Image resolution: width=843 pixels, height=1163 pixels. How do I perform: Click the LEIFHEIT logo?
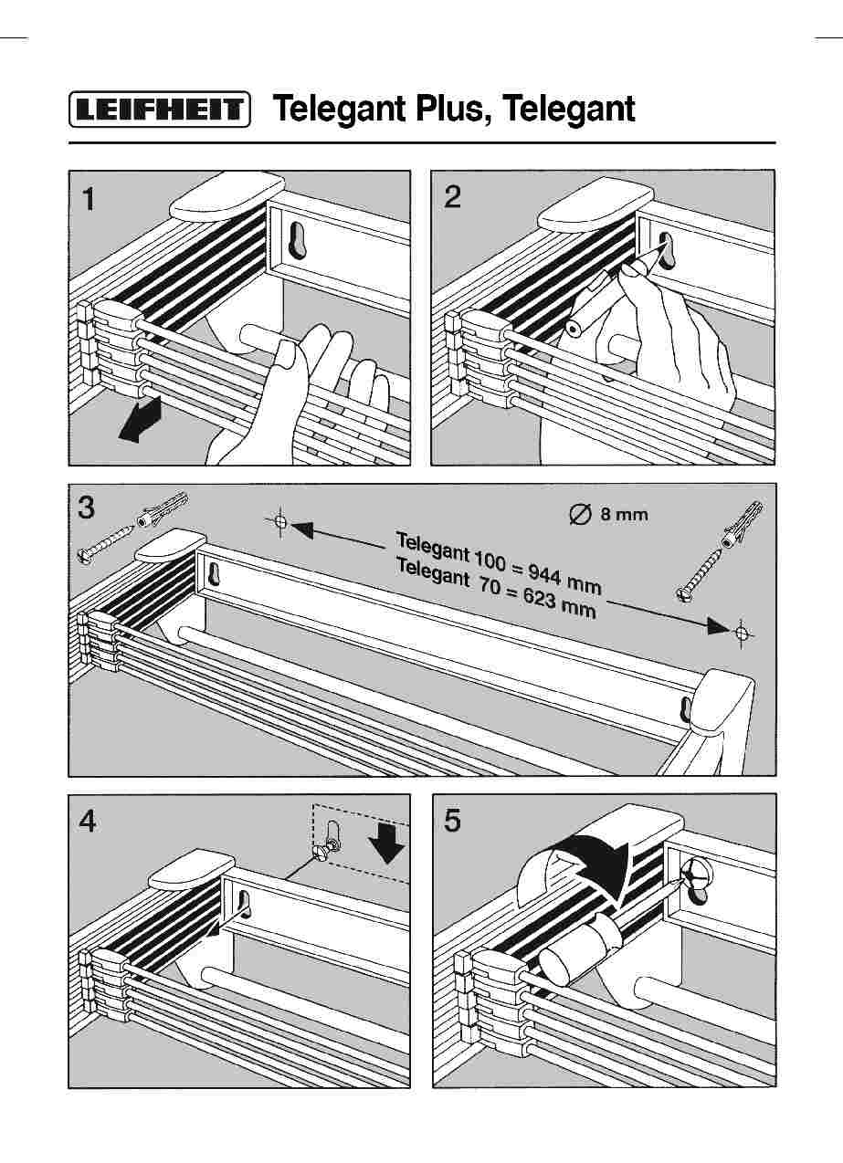tap(159, 110)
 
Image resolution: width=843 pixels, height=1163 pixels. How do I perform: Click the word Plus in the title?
tap(453, 110)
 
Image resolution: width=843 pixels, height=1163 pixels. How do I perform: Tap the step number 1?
tap(88, 199)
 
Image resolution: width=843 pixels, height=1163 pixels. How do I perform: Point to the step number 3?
tap(86, 508)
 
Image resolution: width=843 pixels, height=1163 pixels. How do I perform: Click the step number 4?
tap(88, 822)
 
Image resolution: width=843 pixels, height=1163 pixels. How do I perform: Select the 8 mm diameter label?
tap(608, 514)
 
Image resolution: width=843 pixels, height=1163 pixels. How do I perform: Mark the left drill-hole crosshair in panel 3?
tap(280, 522)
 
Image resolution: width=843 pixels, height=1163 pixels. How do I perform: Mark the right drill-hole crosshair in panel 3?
tap(742, 631)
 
